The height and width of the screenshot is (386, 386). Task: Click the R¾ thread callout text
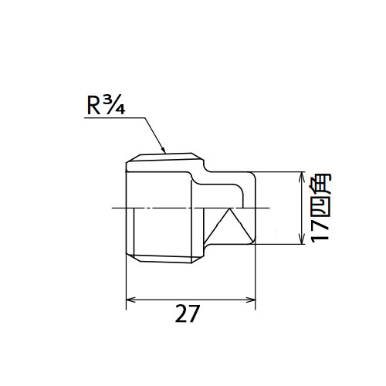(106, 106)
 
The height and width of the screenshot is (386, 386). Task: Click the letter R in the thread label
(93, 107)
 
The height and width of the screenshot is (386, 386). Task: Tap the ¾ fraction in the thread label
(114, 106)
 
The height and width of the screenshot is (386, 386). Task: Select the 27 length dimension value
(187, 313)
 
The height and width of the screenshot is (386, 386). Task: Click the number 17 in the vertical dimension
(320, 230)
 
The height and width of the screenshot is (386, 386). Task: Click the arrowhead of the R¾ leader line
(163, 150)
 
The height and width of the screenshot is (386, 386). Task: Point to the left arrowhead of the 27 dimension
(130, 300)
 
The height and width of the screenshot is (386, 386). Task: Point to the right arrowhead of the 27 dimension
(251, 300)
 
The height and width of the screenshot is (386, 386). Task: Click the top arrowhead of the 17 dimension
(301, 177)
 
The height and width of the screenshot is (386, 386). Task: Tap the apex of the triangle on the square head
(229, 208)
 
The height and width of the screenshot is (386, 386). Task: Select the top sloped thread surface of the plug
(165, 157)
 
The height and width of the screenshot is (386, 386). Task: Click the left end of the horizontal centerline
(112, 208)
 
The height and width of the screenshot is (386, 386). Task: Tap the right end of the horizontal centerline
(269, 208)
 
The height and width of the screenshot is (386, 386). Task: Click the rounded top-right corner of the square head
(254, 174)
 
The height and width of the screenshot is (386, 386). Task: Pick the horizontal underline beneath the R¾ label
(115, 118)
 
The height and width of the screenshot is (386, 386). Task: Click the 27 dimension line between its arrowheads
(191, 300)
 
